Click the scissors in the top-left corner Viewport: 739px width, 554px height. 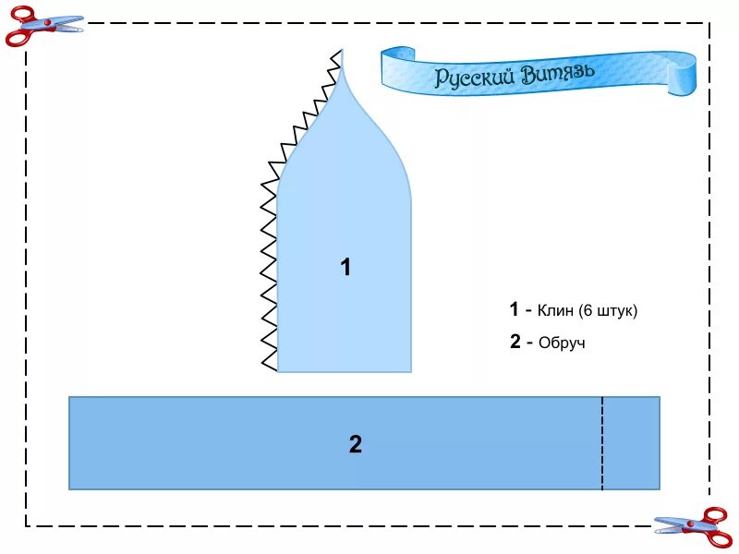41,25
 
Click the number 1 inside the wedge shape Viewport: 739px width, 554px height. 345,268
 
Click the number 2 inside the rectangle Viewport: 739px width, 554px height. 356,444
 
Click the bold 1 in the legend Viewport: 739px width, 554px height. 514,309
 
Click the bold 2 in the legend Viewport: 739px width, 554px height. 515,342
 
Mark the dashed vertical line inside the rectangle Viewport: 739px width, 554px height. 602,443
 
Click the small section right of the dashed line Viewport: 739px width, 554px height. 631,443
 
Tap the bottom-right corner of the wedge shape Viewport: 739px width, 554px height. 410,370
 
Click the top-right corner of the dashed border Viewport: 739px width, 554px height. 709,23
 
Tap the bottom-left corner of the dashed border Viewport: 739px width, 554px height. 26,525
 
